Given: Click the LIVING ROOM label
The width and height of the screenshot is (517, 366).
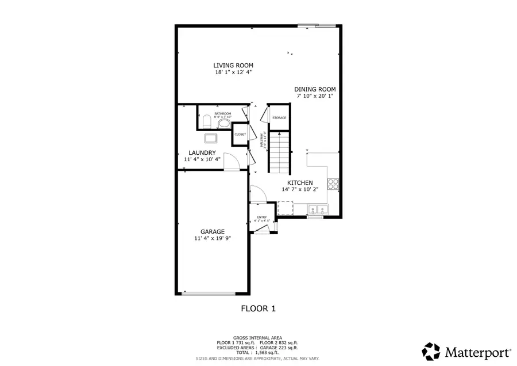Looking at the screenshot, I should click(x=233, y=66).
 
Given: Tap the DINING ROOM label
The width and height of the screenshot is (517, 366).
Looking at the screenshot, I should click(x=315, y=89).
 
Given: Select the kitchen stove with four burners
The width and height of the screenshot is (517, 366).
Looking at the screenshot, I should click(x=333, y=184).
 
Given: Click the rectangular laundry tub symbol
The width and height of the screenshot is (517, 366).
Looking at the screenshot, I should click(x=210, y=138).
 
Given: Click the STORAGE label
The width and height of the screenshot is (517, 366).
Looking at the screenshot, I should click(x=279, y=118).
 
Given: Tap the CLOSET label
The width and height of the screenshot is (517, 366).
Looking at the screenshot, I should click(x=240, y=134).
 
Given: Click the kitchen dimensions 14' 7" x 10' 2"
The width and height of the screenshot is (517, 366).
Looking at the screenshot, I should click(x=300, y=189).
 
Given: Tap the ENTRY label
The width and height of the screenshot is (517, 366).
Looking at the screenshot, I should click(x=261, y=217).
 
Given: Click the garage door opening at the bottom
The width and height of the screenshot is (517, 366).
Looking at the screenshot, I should click(x=213, y=293).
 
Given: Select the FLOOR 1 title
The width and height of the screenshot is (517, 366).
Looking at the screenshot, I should click(x=258, y=308).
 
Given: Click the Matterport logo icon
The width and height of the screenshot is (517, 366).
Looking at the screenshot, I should click(x=431, y=350).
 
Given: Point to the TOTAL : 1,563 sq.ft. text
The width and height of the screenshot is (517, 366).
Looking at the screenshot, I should click(x=257, y=352).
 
